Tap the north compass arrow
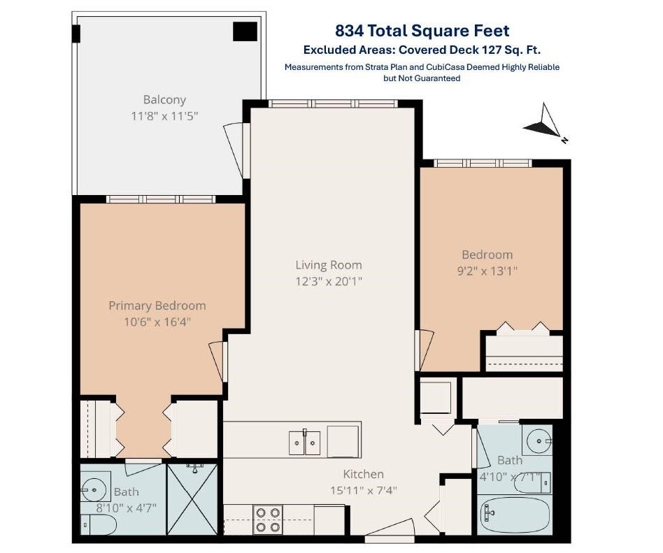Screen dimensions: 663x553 click(x=545, y=123)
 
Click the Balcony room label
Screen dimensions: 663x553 click(x=164, y=100)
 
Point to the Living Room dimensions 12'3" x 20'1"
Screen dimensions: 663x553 click(x=329, y=281)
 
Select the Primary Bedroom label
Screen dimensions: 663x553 click(x=157, y=306)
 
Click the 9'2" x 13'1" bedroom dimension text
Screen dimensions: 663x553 click(x=487, y=271)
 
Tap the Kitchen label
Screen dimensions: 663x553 click(x=363, y=475)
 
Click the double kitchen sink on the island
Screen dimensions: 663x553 click(x=304, y=443)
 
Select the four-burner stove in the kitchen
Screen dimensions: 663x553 click(x=268, y=519)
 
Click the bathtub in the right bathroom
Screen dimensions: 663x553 click(x=515, y=515)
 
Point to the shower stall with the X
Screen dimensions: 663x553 click(x=192, y=499)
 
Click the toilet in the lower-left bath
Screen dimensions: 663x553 click(x=98, y=524)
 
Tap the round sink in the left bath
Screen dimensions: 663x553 click(x=94, y=489)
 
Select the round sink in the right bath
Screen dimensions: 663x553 click(x=539, y=441)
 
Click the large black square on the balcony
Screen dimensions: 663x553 click(x=245, y=31)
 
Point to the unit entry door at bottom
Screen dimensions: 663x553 click(x=389, y=531)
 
